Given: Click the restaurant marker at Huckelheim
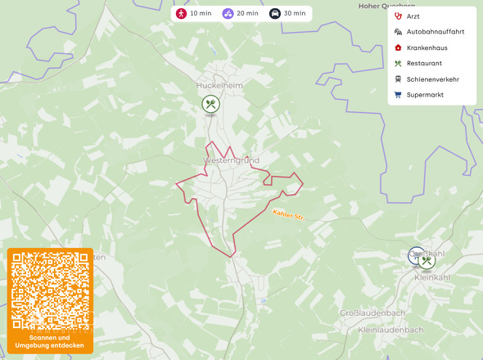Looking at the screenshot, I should click(211, 104).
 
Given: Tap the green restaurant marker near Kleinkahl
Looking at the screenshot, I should click(427, 261).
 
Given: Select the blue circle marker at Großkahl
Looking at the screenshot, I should click(417, 255).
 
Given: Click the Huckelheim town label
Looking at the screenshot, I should click(215, 84).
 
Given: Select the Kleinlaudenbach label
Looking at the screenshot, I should click(390, 330).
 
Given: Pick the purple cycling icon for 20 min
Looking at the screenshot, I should click(228, 13).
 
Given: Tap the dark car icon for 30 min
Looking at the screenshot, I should click(276, 13).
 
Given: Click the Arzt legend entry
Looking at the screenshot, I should click(413, 16).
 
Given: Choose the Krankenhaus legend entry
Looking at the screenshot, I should click(427, 47).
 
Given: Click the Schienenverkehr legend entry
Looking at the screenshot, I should click(432, 79).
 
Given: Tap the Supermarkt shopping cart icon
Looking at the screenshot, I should click(398, 94).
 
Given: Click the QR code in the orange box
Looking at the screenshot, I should click(51, 290).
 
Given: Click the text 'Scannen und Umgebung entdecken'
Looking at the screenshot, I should click(51, 341).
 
